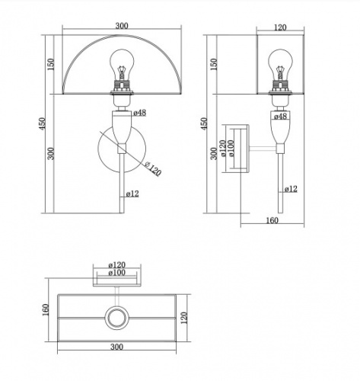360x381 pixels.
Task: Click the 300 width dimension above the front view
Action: tap(122, 26)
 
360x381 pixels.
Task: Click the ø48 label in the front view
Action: tap(139, 113)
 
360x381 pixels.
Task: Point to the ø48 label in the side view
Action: tap(280, 117)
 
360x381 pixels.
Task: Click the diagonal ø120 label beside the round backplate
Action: tap(153, 168)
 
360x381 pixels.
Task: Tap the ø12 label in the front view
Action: tap(132, 194)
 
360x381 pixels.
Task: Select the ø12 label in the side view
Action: tap(291, 189)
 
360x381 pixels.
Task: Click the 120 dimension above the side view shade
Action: tap(280, 27)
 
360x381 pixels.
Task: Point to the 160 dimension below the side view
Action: tap(272, 220)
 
